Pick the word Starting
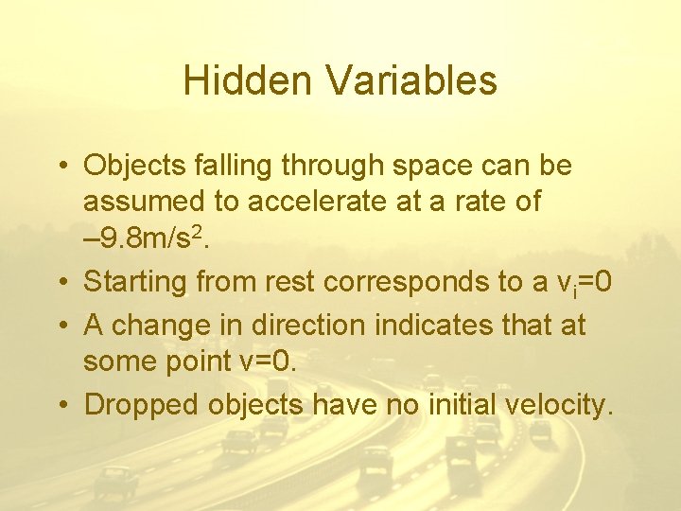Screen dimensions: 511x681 point(134,282)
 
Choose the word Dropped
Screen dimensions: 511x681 point(142,405)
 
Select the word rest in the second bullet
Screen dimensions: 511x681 point(293,282)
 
